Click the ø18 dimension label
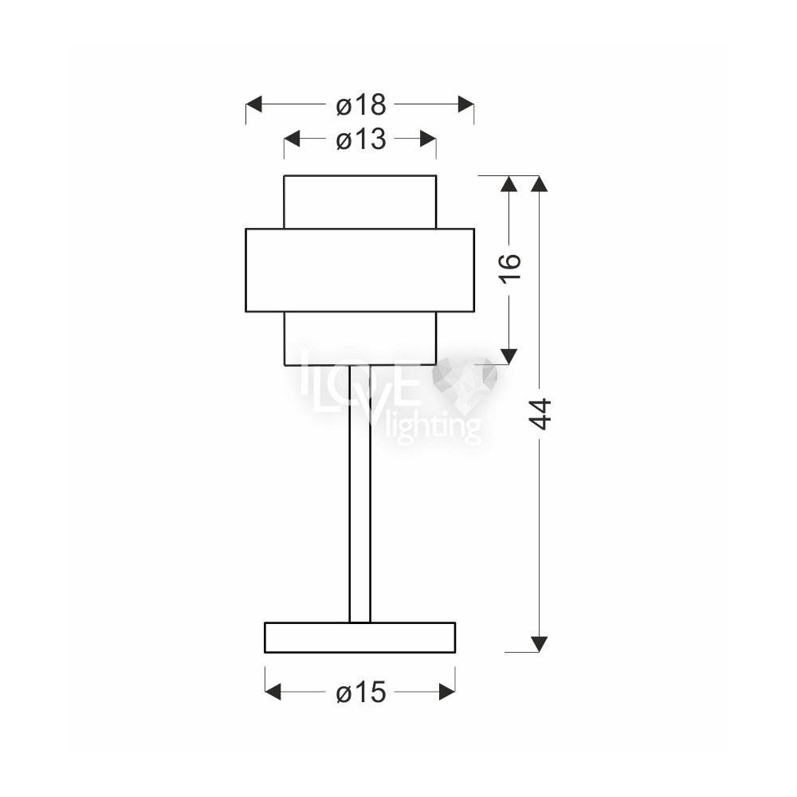(x=361, y=105)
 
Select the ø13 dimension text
(x=361, y=139)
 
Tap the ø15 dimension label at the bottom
(x=361, y=693)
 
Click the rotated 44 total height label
(x=540, y=414)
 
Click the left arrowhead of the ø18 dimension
(x=253, y=104)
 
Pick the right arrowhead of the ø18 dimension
(x=466, y=104)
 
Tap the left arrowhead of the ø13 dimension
(x=292, y=138)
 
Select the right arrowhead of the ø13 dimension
(x=428, y=138)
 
